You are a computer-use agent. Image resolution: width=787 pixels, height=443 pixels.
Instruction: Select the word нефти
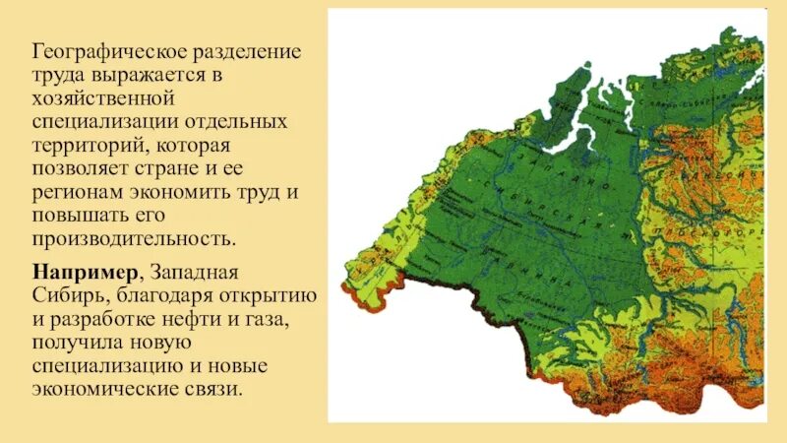(207, 318)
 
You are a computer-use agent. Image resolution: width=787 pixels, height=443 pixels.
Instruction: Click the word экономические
(104, 389)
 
